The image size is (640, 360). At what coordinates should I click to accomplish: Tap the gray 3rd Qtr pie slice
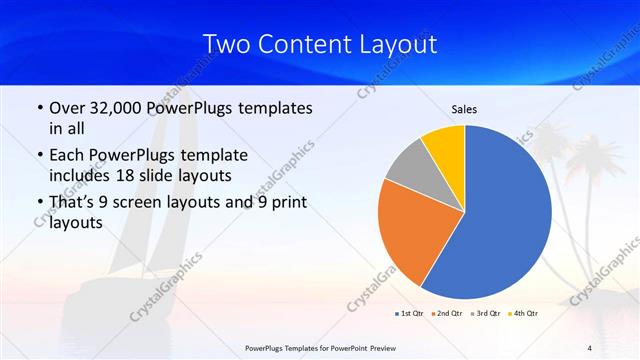[x=407, y=166]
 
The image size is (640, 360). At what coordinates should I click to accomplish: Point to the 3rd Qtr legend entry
[x=485, y=313]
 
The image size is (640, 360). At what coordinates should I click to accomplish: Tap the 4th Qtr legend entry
[x=522, y=313]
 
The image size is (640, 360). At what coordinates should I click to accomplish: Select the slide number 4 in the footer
[x=590, y=347]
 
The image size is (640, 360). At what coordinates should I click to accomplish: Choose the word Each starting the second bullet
[x=67, y=155]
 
